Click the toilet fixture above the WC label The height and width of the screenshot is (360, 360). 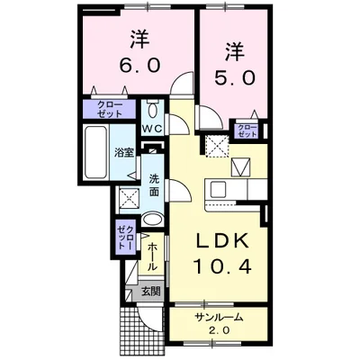click(x=153, y=111)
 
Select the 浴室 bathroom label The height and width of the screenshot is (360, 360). click(x=123, y=152)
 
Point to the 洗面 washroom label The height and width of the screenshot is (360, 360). click(x=154, y=184)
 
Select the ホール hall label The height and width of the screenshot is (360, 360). click(x=152, y=251)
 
